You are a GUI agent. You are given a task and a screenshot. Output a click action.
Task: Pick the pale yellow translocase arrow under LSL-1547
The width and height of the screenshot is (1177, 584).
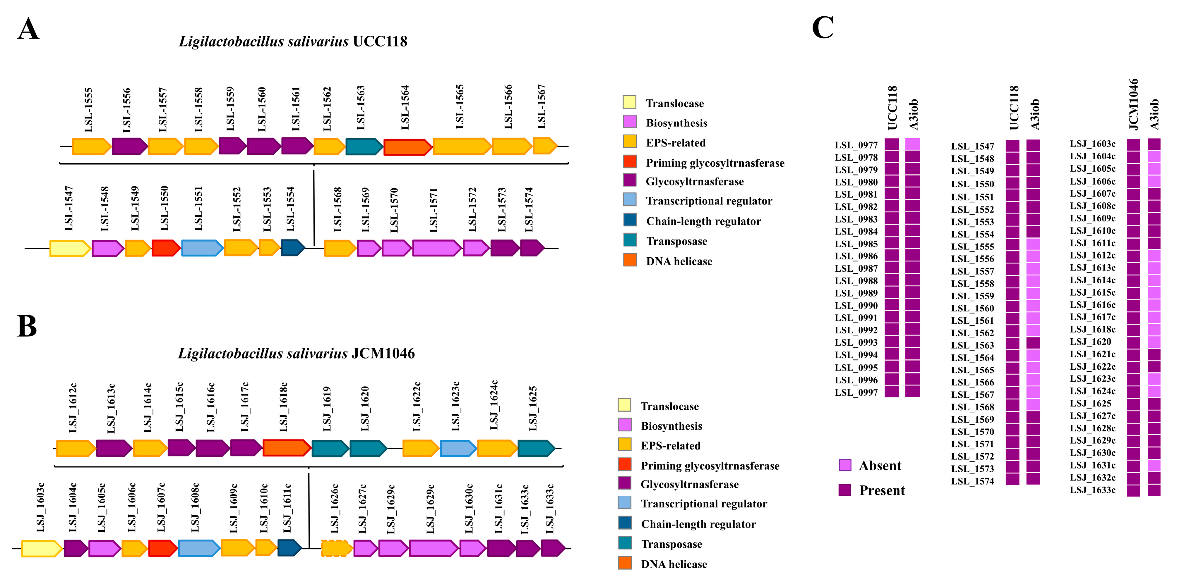coord(69,248)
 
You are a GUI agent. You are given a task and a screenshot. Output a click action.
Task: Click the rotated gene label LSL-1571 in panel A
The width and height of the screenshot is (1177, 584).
coord(434,210)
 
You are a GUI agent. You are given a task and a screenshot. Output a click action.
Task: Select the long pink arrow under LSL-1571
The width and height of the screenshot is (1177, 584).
coord(436,248)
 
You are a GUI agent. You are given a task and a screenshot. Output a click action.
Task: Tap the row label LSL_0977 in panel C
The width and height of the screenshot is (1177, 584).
coord(856,145)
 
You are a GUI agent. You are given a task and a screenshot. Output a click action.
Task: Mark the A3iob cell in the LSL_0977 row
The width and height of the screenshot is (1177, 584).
coord(912,144)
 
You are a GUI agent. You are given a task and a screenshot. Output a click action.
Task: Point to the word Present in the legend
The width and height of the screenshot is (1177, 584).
coord(882,490)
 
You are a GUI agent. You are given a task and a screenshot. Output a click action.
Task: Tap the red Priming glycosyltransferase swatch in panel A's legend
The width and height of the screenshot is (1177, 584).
coord(630,162)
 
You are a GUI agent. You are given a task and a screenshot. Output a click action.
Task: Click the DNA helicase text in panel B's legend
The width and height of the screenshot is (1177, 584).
coord(674,564)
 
